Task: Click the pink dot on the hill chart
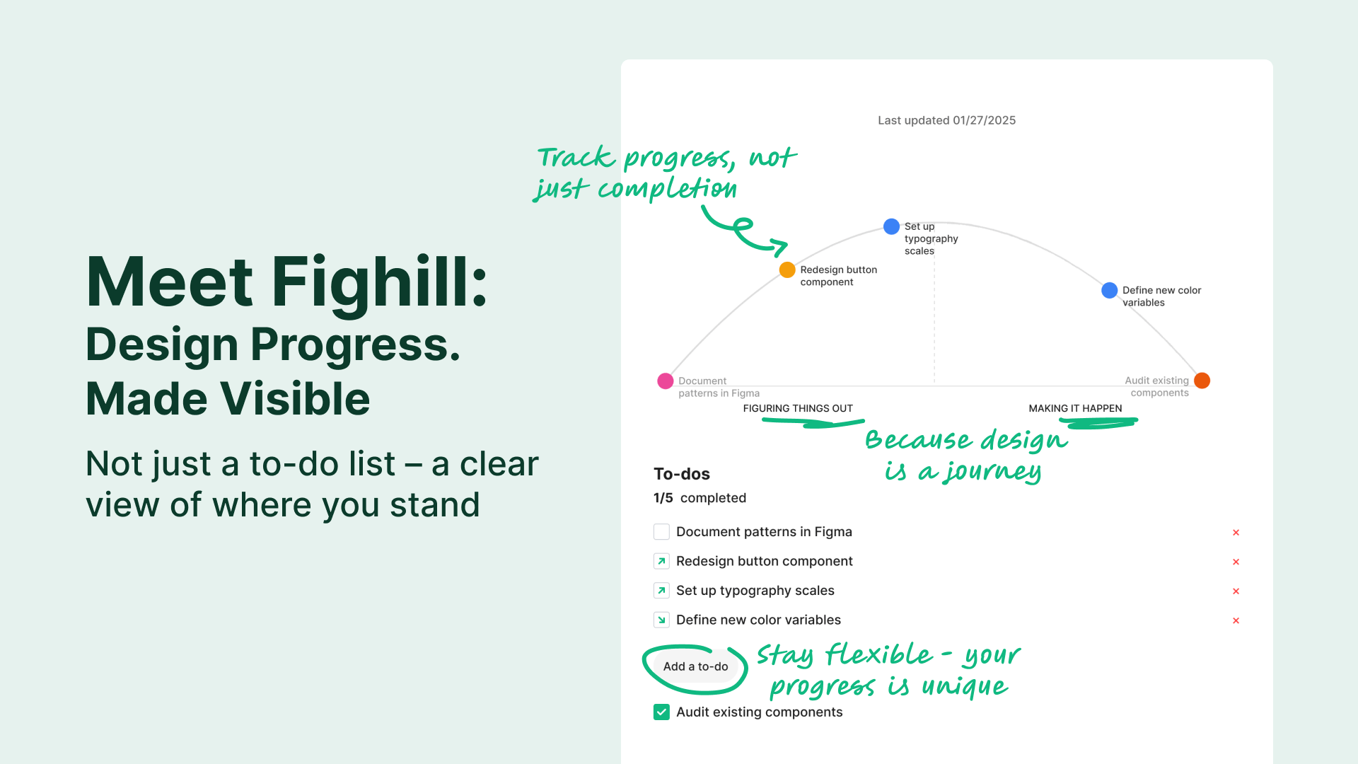pyautogui.click(x=665, y=381)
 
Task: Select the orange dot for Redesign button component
pyautogui.click(x=787, y=270)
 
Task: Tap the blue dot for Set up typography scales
pyautogui.click(x=891, y=226)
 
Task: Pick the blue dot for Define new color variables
pyautogui.click(x=1109, y=290)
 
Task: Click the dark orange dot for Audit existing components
pyautogui.click(x=1202, y=381)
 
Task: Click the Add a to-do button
pyautogui.click(x=695, y=666)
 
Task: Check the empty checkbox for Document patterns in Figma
pyautogui.click(x=661, y=532)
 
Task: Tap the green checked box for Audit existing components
pyautogui.click(x=661, y=712)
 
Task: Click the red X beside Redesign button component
pyautogui.click(x=1236, y=562)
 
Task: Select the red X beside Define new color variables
pyautogui.click(x=1236, y=620)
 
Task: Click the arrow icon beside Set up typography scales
pyautogui.click(x=661, y=591)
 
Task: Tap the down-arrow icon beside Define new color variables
pyautogui.click(x=661, y=620)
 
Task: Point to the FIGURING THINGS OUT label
pyautogui.click(x=798, y=408)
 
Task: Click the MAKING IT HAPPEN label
pyautogui.click(x=1075, y=408)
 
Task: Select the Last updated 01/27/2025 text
pyautogui.click(x=946, y=120)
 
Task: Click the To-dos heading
pyautogui.click(x=681, y=474)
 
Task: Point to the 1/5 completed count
pyautogui.click(x=700, y=498)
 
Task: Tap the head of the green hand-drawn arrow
pyautogui.click(x=779, y=247)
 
